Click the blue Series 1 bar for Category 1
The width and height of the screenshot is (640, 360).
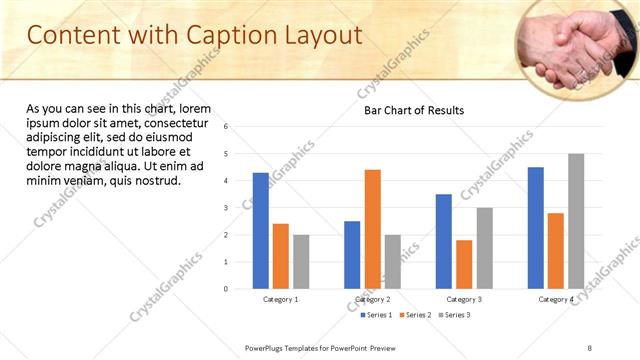[x=261, y=231]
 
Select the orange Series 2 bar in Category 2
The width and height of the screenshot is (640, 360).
[x=372, y=229]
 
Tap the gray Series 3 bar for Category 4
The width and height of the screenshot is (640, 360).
[x=576, y=221]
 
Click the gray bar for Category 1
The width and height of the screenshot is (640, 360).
[x=301, y=262]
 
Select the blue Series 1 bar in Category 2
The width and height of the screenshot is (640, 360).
[x=352, y=255]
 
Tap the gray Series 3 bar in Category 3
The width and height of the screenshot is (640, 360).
[x=484, y=248]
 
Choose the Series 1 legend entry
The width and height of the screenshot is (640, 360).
[x=377, y=315]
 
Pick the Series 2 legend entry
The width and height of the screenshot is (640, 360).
[x=415, y=315]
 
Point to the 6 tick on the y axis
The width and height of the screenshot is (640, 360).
[x=226, y=127]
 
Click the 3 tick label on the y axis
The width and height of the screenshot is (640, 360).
[x=226, y=208]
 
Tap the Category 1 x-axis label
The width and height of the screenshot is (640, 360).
[x=281, y=299]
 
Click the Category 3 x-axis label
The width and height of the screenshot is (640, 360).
[x=464, y=299]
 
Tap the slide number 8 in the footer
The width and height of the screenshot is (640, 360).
[x=590, y=347]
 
